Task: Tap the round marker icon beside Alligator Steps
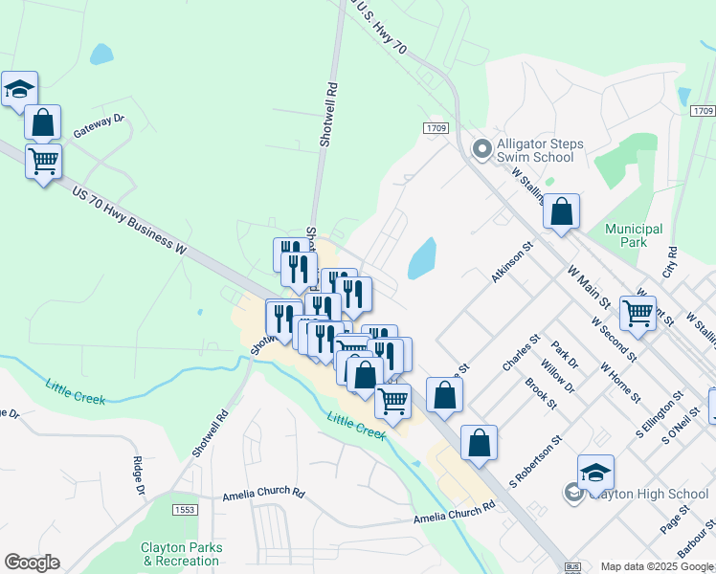pos(482,149)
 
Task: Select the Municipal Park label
pos(634,235)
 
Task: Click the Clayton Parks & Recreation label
pos(182,554)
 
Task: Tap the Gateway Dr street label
pos(100,125)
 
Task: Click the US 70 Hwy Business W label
pos(127,220)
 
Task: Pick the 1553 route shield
pos(185,511)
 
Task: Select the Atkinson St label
pos(511,261)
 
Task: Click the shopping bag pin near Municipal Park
pos(561,212)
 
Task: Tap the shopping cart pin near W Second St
pos(638,312)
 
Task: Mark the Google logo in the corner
pos(32,563)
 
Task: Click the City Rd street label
pos(671,260)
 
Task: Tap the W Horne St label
pos(619,381)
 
